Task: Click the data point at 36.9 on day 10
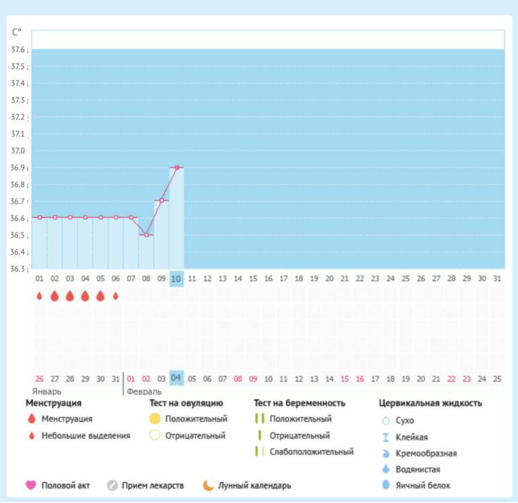click(x=176, y=167)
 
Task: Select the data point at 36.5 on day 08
click(x=147, y=234)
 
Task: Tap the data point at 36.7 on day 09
click(x=161, y=201)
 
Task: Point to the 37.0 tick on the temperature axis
click(x=18, y=151)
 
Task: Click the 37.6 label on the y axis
click(x=18, y=50)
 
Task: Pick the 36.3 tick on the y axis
click(x=18, y=269)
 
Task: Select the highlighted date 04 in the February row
click(x=176, y=378)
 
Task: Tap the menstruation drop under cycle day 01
click(x=40, y=296)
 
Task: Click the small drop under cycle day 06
click(x=116, y=296)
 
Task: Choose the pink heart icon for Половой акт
click(x=30, y=485)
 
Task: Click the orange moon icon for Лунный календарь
click(x=209, y=485)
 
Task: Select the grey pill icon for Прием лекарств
click(x=112, y=485)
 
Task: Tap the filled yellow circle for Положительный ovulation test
click(x=155, y=419)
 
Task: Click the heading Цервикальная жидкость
click(x=431, y=403)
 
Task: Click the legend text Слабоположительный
click(x=311, y=452)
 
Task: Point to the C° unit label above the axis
click(x=17, y=32)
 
